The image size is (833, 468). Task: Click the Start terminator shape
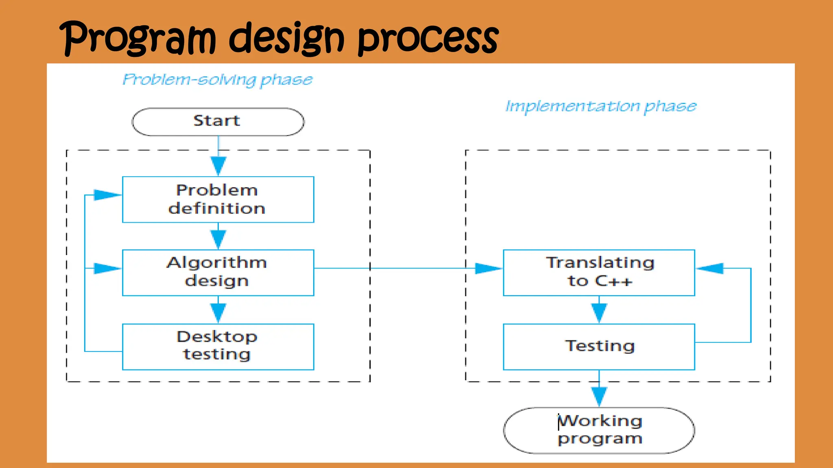(x=218, y=121)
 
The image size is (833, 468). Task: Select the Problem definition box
(x=218, y=199)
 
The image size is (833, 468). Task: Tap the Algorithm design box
(x=218, y=273)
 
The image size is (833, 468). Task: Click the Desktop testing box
(x=218, y=347)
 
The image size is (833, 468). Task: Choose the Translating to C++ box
(x=599, y=273)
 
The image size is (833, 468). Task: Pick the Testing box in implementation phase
(x=599, y=347)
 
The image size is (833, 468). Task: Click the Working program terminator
(x=599, y=430)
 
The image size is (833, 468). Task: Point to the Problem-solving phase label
(x=218, y=80)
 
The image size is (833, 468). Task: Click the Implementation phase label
(x=600, y=106)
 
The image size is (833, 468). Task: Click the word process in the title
(x=427, y=39)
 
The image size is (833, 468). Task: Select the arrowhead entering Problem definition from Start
(x=218, y=166)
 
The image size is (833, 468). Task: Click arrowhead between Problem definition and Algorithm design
(x=218, y=239)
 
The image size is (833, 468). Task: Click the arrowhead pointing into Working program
(x=599, y=396)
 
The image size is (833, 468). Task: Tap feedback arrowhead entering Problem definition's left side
(x=107, y=195)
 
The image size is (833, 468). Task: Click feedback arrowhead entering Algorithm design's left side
(x=107, y=268)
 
